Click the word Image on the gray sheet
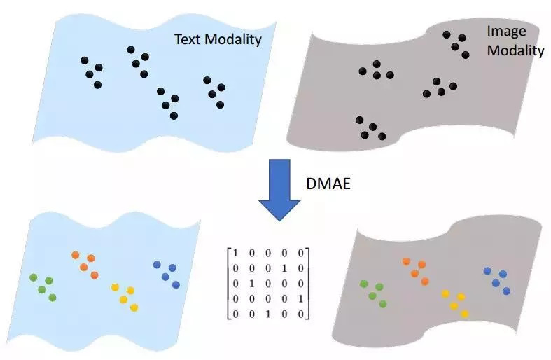tap(505, 32)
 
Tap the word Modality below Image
tap(515, 50)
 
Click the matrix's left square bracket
tap(228, 283)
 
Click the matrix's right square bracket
tap(309, 283)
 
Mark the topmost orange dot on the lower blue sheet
tap(76, 255)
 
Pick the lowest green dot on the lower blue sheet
tap(52, 298)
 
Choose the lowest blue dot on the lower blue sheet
tap(176, 284)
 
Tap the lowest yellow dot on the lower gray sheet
tap(464, 314)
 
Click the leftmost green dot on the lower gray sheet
tap(363, 284)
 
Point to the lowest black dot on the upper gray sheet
tap(382, 136)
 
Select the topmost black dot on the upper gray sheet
tap(446, 34)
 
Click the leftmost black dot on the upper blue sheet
tap(84, 61)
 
